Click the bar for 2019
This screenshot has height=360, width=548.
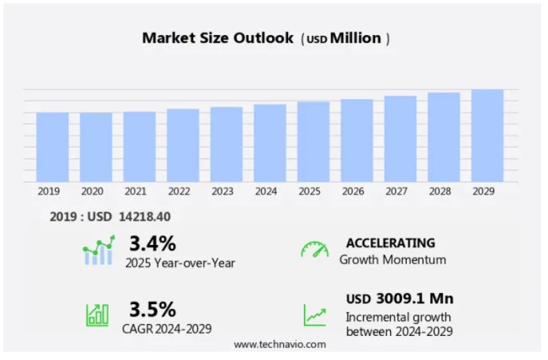point(52,147)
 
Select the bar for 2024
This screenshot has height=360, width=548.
point(270,143)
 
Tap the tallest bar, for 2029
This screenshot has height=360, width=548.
point(487,135)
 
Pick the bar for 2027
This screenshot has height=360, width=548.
point(400,139)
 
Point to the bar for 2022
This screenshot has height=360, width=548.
point(183,145)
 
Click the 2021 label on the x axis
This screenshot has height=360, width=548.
point(136,192)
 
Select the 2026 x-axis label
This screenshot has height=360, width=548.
point(352,192)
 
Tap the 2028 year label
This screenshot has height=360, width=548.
point(440,192)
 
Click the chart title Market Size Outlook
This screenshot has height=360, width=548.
point(218,38)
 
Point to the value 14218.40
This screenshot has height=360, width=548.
point(144,217)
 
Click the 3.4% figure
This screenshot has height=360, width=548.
point(152,243)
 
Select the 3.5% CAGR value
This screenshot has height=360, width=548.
point(152,309)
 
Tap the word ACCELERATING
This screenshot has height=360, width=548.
point(390,243)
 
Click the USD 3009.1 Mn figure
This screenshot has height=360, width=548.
point(400,299)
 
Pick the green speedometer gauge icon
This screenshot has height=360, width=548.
point(314,249)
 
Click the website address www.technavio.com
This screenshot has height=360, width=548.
point(280,344)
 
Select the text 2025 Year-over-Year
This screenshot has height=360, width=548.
point(180,263)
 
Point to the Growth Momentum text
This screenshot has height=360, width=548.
point(392,260)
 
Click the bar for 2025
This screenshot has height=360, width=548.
point(313,141)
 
